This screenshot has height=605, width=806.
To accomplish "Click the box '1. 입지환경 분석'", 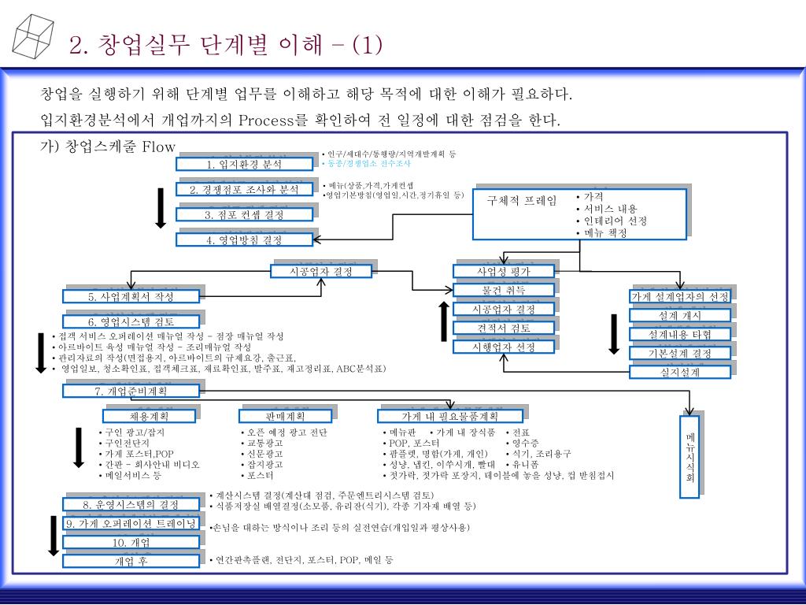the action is (x=244, y=165).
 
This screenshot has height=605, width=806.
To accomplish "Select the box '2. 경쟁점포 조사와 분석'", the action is (x=244, y=190).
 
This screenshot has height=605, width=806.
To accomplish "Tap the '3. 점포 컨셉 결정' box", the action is (x=244, y=215).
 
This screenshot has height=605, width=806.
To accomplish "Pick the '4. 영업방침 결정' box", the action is (x=244, y=240).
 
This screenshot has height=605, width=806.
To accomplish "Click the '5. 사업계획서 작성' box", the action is (x=131, y=297).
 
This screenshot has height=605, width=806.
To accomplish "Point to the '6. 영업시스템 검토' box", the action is (x=131, y=322).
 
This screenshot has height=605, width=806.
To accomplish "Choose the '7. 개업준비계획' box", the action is (x=131, y=392).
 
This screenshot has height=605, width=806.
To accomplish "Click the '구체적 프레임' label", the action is (x=521, y=201).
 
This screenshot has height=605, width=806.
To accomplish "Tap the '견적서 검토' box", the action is (x=504, y=328).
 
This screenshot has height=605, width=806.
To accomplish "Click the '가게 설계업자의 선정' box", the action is (x=680, y=297).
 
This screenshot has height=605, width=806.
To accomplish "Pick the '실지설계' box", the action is (x=680, y=373).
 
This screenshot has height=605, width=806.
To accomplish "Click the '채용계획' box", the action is (x=150, y=416).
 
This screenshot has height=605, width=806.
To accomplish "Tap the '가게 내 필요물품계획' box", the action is (x=450, y=416).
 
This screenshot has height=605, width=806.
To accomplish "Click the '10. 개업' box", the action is (x=131, y=543).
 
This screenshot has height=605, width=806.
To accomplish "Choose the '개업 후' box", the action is (x=131, y=562).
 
